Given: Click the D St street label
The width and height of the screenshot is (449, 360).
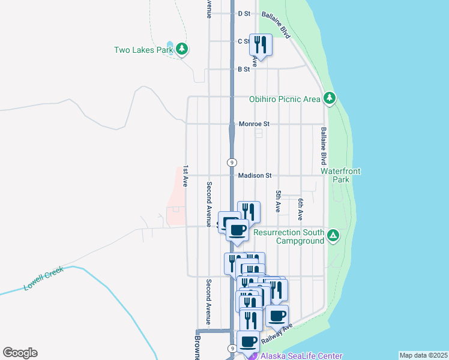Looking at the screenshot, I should pos(244,13).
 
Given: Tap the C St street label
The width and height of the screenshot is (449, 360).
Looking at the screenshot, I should pos(244,41).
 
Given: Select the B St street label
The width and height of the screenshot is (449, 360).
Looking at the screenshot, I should pos(244,70).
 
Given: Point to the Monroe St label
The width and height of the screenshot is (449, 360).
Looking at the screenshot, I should pos(255,124).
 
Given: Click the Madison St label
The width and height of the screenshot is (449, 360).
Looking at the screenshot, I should pos(255,176).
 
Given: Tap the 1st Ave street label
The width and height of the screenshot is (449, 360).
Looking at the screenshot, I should pos(186,176).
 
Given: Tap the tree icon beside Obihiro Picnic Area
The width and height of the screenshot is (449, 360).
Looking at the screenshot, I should pos(328,98).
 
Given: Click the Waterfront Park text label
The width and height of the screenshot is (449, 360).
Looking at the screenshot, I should pos(340,175).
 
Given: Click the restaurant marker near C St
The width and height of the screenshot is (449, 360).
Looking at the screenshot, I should pos(261,44).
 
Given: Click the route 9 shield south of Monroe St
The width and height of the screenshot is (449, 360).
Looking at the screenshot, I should pos(231,163).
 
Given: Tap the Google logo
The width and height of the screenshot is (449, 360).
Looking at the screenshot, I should pos(20,353).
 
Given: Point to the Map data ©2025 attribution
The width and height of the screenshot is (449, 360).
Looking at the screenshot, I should pos(423,355).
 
